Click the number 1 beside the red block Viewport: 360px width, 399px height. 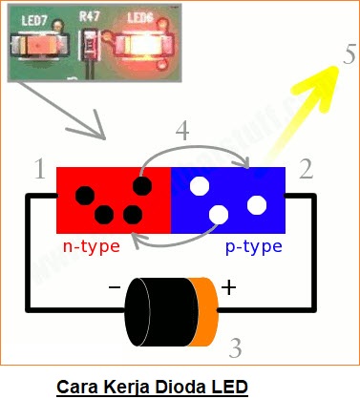point(39,171)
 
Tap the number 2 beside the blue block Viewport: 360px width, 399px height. point(306,171)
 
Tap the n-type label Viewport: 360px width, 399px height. point(92,246)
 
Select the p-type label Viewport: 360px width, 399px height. point(254,246)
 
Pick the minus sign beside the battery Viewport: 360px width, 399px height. point(115,287)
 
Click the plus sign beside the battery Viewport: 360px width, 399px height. point(230,287)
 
